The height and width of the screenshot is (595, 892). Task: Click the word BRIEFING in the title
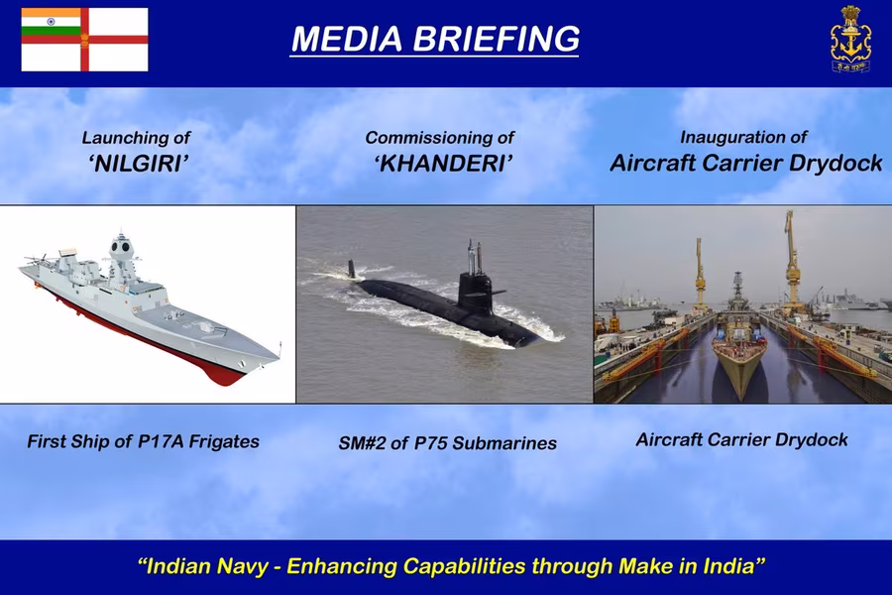(x=497, y=39)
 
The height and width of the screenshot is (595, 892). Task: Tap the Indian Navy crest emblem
(x=850, y=39)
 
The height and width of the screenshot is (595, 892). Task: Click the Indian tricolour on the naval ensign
(x=51, y=22)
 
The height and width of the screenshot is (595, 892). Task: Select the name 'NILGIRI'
(x=138, y=164)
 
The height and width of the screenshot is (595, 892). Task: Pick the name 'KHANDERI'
(x=444, y=164)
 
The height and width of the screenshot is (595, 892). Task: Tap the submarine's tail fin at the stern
(x=352, y=269)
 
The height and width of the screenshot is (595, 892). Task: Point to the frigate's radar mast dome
(x=121, y=247)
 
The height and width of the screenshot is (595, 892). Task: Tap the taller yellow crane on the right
(x=791, y=262)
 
